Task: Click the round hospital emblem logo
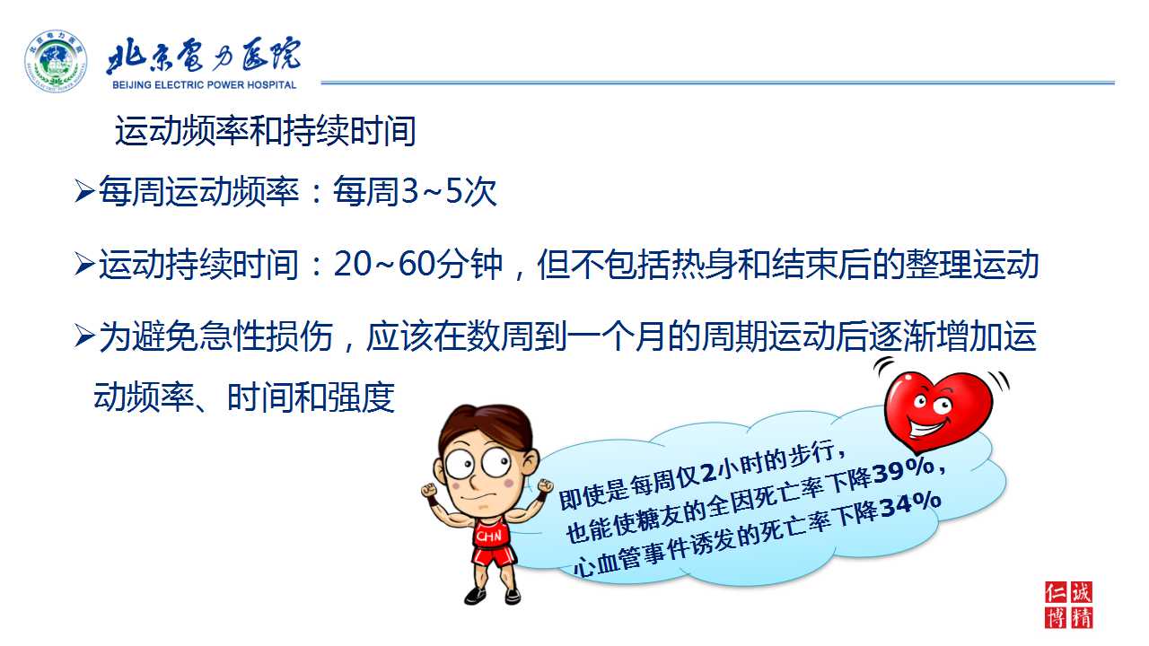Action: pos(56,61)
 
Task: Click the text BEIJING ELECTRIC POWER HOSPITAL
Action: pos(204,85)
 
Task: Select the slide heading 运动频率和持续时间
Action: pos(265,131)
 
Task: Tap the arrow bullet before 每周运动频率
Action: pos(84,191)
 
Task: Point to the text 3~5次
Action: pos(450,192)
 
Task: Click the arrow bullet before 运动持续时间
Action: pos(84,265)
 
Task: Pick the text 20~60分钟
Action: pos(418,265)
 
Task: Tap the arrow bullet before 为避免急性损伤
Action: pos(84,336)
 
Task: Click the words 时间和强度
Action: pos(311,397)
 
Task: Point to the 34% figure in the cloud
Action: pos(909,505)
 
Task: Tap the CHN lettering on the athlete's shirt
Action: pos(488,537)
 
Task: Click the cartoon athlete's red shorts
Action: pos(494,555)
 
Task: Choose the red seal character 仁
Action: pos(1057,593)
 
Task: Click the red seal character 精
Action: pos(1082,617)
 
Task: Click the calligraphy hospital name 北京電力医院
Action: pos(203,55)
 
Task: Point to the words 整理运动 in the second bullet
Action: pos(972,265)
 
